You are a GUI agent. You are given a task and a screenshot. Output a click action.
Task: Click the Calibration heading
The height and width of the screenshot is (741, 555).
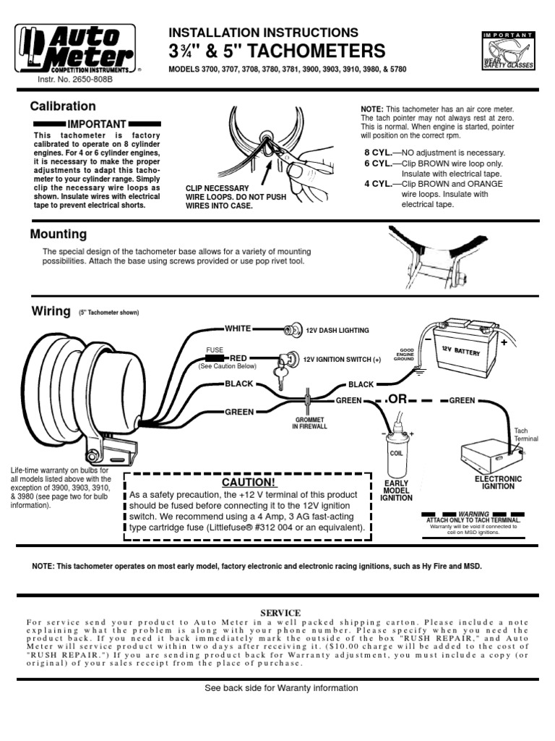coord(63,106)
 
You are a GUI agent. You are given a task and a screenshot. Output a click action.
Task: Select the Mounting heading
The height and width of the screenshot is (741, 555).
coord(59,234)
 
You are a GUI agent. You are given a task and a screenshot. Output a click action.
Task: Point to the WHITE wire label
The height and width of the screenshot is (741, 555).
coord(238,329)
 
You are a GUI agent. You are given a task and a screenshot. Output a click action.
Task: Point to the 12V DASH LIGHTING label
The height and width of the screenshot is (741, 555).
coord(336,330)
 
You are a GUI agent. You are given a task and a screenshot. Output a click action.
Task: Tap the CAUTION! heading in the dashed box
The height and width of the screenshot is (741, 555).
coord(248,482)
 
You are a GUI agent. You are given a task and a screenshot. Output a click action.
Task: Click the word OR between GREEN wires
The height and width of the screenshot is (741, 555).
coord(399,400)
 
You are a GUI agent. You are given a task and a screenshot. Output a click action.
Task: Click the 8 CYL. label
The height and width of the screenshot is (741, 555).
coord(378,153)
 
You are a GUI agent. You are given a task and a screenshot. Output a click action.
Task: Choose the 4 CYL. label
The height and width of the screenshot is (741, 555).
coord(378,184)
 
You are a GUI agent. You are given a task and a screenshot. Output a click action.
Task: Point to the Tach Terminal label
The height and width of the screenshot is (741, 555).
coord(521,435)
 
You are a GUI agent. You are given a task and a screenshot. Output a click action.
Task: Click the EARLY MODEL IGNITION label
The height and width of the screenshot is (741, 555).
coord(396,490)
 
